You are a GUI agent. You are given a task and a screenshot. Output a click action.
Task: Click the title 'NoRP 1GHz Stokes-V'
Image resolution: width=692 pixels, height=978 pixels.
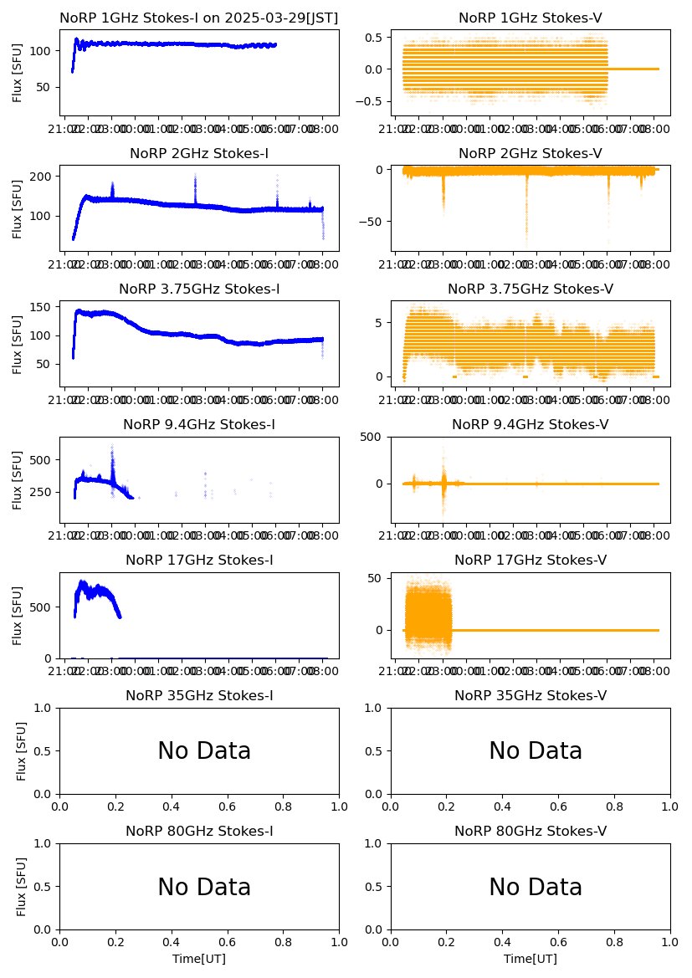coord(530,18)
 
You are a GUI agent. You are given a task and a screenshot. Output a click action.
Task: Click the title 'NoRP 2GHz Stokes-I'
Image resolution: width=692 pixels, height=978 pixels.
coord(199,154)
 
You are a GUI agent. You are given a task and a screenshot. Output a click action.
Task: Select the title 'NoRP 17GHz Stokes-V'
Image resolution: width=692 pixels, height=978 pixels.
coord(530,561)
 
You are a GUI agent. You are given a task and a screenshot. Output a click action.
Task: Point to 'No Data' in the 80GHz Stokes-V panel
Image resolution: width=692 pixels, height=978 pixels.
coord(536,887)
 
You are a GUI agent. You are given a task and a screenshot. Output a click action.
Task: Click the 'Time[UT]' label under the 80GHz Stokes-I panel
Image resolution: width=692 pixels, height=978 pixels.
coord(199,959)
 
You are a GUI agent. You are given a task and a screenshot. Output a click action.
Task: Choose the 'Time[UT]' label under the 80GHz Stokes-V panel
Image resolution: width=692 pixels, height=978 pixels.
coord(530,959)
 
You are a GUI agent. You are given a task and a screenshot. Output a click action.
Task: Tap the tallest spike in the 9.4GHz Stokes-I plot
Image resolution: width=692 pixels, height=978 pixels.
coord(112,446)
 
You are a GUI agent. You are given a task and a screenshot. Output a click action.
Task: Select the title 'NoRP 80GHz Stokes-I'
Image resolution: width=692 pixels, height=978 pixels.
coord(199,832)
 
